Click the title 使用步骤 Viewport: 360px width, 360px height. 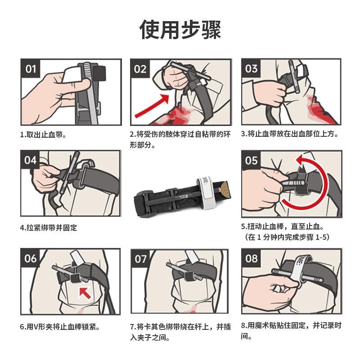coord(180,29)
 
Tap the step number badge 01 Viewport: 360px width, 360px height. coord(30,69)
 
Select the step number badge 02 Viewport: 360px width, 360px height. coord(140,69)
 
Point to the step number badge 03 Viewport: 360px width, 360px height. coord(251,68)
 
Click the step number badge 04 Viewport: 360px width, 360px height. coord(30,160)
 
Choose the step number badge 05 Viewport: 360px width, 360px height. coord(251,160)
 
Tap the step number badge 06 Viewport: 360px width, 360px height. coord(30,258)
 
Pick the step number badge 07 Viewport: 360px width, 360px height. coord(140,259)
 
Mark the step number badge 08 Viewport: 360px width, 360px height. coord(251,258)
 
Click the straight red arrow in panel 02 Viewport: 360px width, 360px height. coord(152,106)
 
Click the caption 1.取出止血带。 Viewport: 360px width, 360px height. coord(43,135)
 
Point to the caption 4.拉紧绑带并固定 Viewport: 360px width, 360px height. coord(49,228)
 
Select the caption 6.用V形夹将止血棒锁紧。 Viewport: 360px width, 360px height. coord(60,326)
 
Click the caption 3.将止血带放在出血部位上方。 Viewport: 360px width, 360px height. coord(289,134)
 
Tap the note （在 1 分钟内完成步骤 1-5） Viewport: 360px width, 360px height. coord(287,237)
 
